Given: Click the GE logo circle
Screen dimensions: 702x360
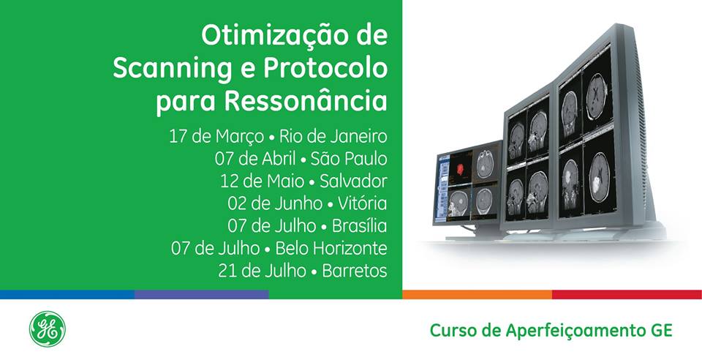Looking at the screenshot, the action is click(48, 329).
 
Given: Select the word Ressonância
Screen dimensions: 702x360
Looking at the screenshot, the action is click(306, 100).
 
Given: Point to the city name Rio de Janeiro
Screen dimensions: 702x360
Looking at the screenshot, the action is click(333, 136).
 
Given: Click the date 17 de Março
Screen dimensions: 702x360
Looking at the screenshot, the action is click(216, 137).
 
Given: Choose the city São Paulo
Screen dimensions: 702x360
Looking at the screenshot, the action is click(349, 159).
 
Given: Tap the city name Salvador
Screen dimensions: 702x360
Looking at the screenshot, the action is click(354, 181).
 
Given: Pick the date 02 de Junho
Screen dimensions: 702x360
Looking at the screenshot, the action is click(275, 203).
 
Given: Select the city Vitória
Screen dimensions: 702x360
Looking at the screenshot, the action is click(363, 203).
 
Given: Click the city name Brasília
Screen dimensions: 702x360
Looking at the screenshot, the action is click(360, 225).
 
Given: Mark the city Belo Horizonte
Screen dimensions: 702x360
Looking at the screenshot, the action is click(331, 248).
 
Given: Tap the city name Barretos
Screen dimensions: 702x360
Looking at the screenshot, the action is click(355, 271).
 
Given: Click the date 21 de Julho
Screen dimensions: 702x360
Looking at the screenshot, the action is click(263, 271).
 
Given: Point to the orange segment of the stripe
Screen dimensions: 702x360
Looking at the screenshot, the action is click(478, 294).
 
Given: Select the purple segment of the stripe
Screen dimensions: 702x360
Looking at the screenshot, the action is click(202, 294).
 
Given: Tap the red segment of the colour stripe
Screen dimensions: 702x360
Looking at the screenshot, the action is click(627, 294).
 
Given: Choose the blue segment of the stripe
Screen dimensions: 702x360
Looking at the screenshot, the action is click(67, 294).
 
